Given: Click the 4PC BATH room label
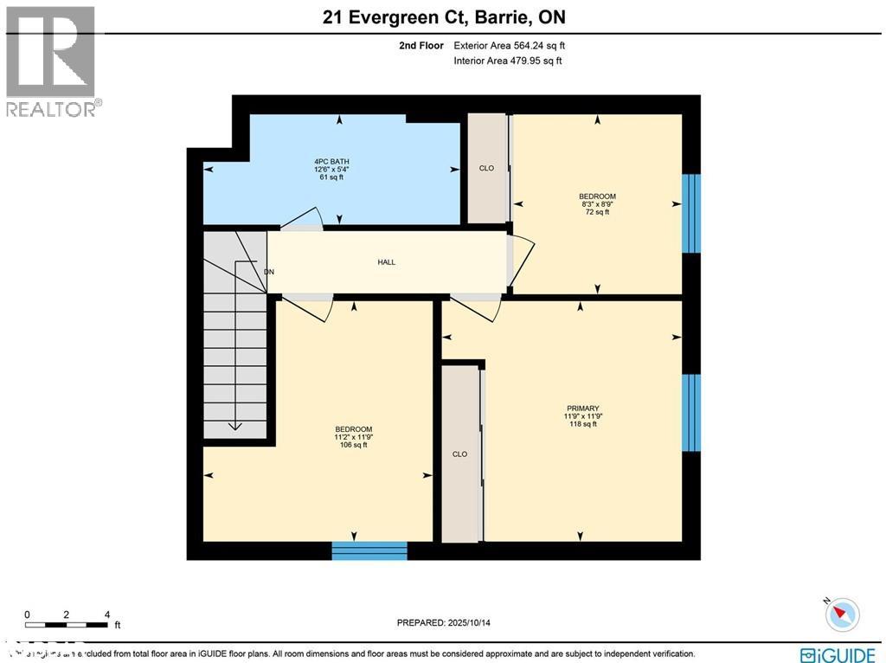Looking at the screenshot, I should pyautogui.click(x=331, y=169).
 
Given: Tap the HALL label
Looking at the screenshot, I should pyautogui.click(x=387, y=262).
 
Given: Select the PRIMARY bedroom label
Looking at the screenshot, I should pyautogui.click(x=582, y=415).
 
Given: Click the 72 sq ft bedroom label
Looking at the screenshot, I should pyautogui.click(x=597, y=203).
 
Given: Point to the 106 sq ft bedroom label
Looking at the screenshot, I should pyautogui.click(x=354, y=437).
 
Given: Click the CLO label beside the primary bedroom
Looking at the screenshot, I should pyautogui.click(x=459, y=454).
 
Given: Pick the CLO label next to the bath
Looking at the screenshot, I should pyautogui.click(x=486, y=168).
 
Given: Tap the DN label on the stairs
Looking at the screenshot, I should pyautogui.click(x=269, y=272).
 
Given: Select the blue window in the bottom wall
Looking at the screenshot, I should pyautogui.click(x=369, y=550).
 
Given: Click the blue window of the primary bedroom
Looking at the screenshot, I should pyautogui.click(x=690, y=413).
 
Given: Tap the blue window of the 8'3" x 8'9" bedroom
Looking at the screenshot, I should pyautogui.click(x=690, y=214).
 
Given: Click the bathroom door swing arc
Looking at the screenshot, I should pyautogui.click(x=304, y=217).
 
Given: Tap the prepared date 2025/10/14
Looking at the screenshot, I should pyautogui.click(x=449, y=622).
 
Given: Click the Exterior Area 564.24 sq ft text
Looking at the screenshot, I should pyautogui.click(x=510, y=46).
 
